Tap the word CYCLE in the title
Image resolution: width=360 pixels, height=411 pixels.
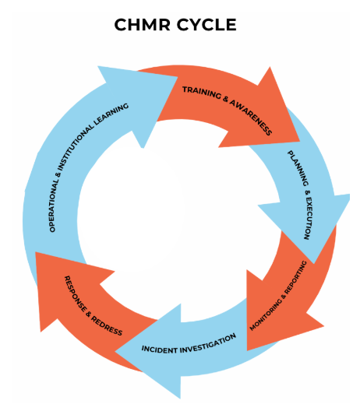(206, 25)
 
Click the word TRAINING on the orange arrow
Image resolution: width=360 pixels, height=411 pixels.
(202, 93)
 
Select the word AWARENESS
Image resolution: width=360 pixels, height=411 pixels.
(251, 117)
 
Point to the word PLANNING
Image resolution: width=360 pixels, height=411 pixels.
(298, 168)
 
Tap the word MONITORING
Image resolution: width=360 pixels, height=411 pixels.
(265, 315)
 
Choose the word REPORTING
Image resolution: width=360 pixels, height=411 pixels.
(296, 277)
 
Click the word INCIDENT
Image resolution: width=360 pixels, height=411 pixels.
(159, 350)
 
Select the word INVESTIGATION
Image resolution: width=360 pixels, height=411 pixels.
(208, 343)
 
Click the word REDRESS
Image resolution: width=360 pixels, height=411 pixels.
(107, 326)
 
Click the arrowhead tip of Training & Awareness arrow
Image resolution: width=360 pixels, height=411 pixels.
(300, 142)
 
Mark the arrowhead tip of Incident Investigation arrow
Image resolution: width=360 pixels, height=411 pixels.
(115, 352)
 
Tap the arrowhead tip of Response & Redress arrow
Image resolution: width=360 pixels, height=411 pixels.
(35, 252)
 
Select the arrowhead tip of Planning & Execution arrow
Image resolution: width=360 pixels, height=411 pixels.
(314, 263)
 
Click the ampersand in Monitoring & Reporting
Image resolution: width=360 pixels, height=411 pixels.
(284, 297)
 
